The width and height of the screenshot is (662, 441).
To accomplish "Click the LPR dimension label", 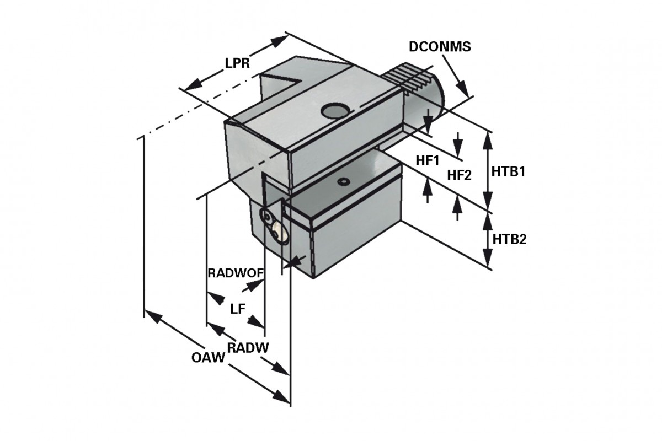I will point(238,63).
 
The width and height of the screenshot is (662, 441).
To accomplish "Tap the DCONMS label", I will point(440,47).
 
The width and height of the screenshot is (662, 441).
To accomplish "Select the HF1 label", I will point(427,160).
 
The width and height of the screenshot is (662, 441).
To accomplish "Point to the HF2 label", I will point(460,175).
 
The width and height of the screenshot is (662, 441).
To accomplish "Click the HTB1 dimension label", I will point(508,171).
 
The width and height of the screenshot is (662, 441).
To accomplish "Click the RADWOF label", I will point(235,273).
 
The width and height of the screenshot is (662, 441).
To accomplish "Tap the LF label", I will point(237,309).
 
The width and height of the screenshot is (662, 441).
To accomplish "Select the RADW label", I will point(248,348).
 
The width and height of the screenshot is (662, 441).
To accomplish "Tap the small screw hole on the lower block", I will point(345,181).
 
